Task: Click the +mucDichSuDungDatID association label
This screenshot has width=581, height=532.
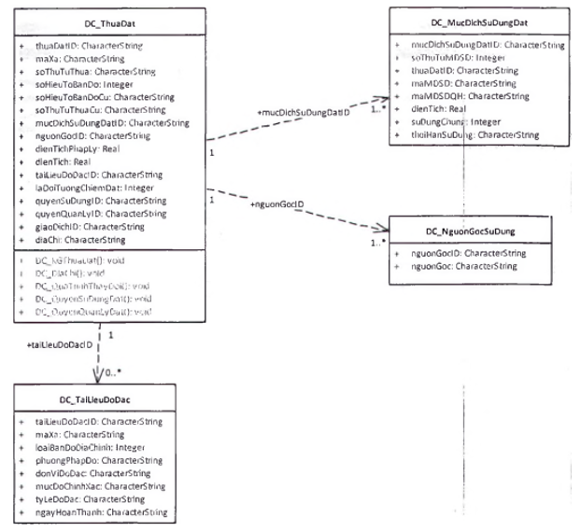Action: click(x=303, y=112)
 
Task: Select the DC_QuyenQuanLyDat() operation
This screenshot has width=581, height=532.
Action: click(x=86, y=311)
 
